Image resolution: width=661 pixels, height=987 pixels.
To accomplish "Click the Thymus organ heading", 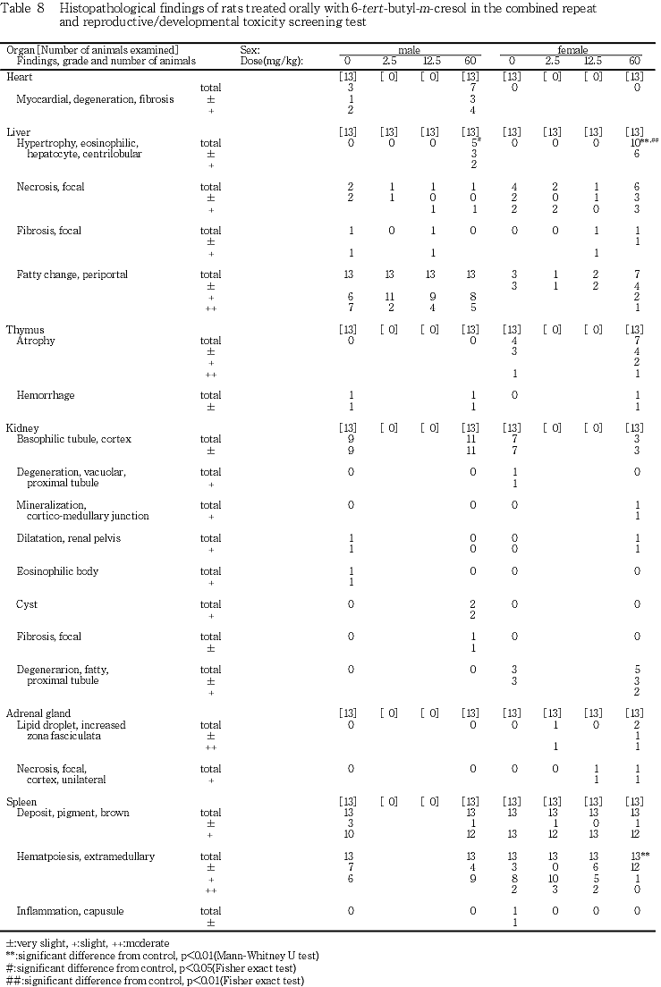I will point(24,330).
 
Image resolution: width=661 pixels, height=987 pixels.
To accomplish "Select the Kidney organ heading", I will point(23,427).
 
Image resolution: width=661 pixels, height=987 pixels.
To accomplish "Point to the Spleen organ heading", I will point(23,801).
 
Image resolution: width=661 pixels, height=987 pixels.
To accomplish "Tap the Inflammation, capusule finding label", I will point(70,911).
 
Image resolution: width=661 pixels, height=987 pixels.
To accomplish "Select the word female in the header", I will point(573,51).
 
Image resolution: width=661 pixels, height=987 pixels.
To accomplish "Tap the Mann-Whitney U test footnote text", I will point(161,956).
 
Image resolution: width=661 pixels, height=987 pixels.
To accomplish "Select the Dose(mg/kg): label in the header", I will point(272,61).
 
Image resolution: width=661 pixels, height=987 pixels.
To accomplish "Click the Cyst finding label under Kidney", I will point(27,604).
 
